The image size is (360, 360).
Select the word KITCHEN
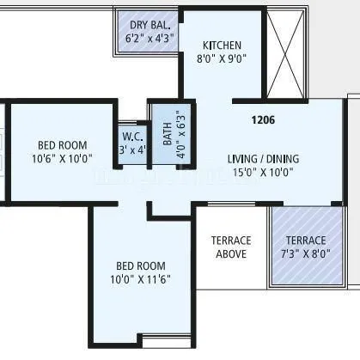[x=222, y=46]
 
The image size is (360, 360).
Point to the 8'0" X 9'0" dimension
[x=222, y=60]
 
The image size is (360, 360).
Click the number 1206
[x=263, y=120]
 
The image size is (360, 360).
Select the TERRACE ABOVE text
[x=231, y=247]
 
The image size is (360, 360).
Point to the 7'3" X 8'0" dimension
[x=306, y=254]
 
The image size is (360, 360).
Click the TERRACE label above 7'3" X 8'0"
[x=306, y=241]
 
